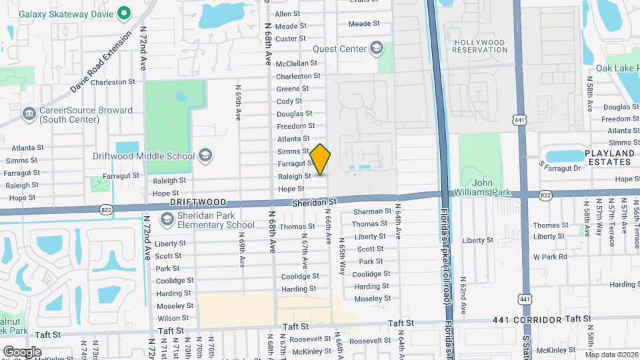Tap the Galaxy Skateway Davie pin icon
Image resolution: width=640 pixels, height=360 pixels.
pos(123,13)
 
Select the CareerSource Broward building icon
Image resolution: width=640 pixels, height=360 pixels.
pos(29,114)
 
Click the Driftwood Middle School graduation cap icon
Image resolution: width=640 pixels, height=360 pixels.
pos(205,156)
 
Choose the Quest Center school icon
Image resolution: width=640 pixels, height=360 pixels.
pos(377,48)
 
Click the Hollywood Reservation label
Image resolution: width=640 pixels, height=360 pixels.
pos(480,45)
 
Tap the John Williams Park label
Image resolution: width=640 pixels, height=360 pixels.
pos(491,188)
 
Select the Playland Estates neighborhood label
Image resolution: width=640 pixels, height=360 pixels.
pos(609,157)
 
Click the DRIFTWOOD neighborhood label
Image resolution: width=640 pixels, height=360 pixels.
pos(195,201)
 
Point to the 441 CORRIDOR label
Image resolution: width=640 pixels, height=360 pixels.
pos(528,321)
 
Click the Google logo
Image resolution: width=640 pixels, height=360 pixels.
pos(22,351)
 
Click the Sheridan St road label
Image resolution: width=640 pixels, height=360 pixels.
pos(320,201)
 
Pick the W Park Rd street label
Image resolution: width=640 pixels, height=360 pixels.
pos(549,257)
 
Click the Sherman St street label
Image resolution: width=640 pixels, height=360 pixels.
pos(373,211)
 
